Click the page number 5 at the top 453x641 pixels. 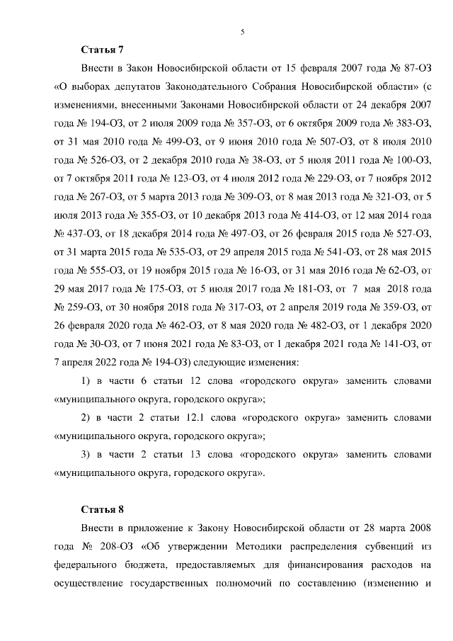tap(242, 32)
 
